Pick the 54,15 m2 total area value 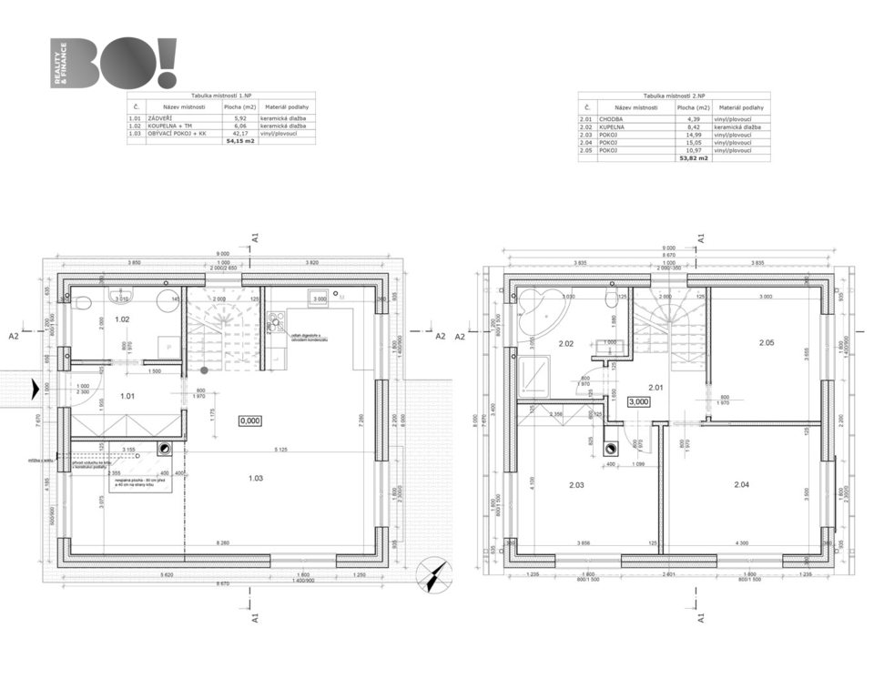240,141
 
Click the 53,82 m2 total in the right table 694,157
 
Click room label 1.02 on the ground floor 122,319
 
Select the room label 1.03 256,477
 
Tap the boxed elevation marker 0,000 249,420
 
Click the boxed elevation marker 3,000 638,400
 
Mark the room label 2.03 576,485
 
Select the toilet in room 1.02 80,303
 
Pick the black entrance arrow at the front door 35,390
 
